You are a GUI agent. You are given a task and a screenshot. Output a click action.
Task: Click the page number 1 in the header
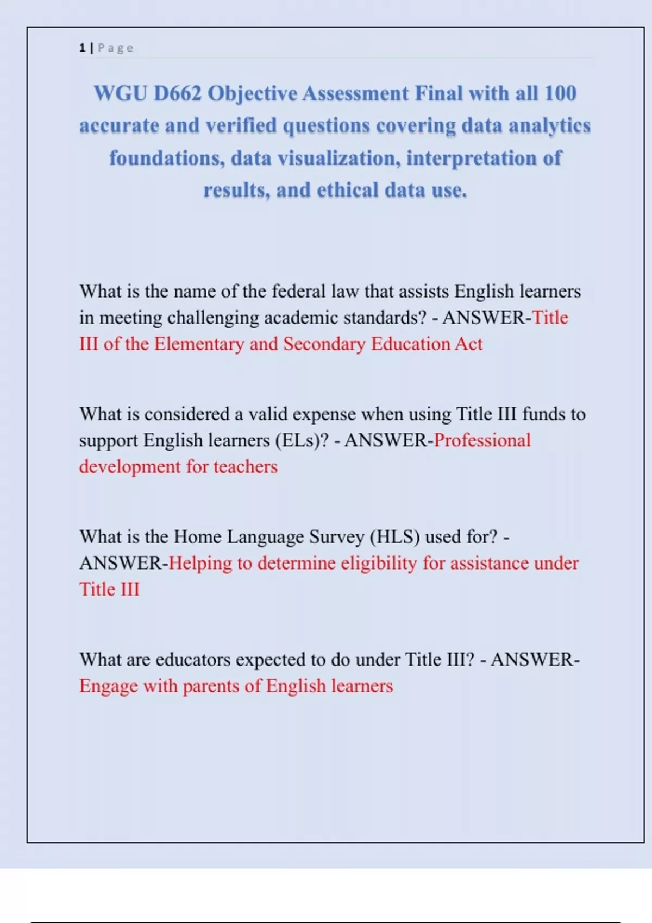coord(82,48)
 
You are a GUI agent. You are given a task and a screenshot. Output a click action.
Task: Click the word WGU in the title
coord(120,93)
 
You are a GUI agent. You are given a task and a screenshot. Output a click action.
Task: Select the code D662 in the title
coord(178,93)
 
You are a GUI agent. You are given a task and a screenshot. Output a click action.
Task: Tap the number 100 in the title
coord(560,93)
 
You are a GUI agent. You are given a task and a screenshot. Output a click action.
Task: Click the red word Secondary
coord(324,344)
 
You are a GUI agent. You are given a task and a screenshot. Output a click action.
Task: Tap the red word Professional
coord(482,440)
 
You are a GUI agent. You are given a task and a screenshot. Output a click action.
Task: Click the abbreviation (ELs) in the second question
coord(302,440)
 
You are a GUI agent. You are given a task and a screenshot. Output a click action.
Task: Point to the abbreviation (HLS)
coord(395,537)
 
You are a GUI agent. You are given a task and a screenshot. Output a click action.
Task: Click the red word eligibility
coord(379,564)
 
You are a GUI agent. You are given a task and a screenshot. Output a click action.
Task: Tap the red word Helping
coord(200,564)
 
